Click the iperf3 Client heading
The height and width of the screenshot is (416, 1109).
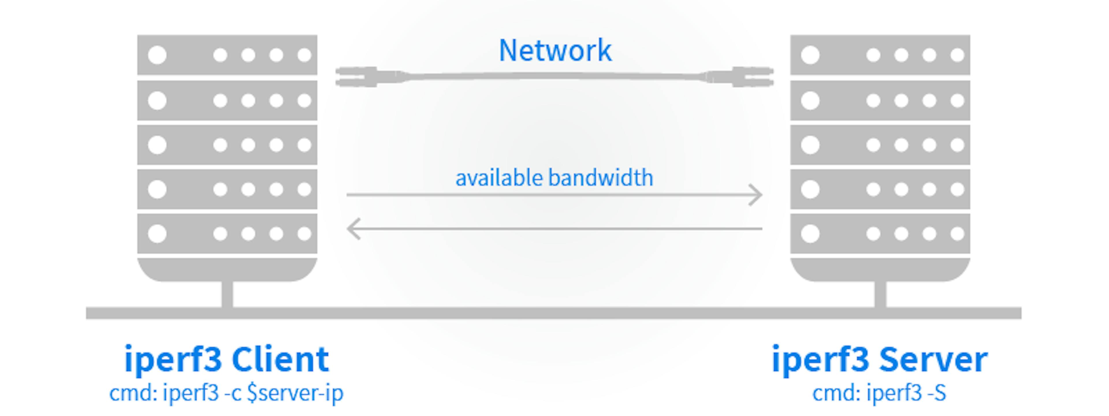pos(226,360)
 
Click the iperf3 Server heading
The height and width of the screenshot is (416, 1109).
pos(879,360)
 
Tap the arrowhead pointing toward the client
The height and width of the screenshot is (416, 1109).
pos(354,229)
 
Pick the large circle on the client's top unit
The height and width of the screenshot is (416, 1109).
pos(157,55)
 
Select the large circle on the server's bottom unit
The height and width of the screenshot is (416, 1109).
pos(810,234)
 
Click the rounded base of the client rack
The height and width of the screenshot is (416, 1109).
pos(227,270)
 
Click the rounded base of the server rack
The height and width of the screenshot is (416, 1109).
pos(880,270)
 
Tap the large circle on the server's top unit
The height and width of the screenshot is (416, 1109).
pos(810,55)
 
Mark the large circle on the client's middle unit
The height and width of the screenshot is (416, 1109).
pos(157,145)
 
